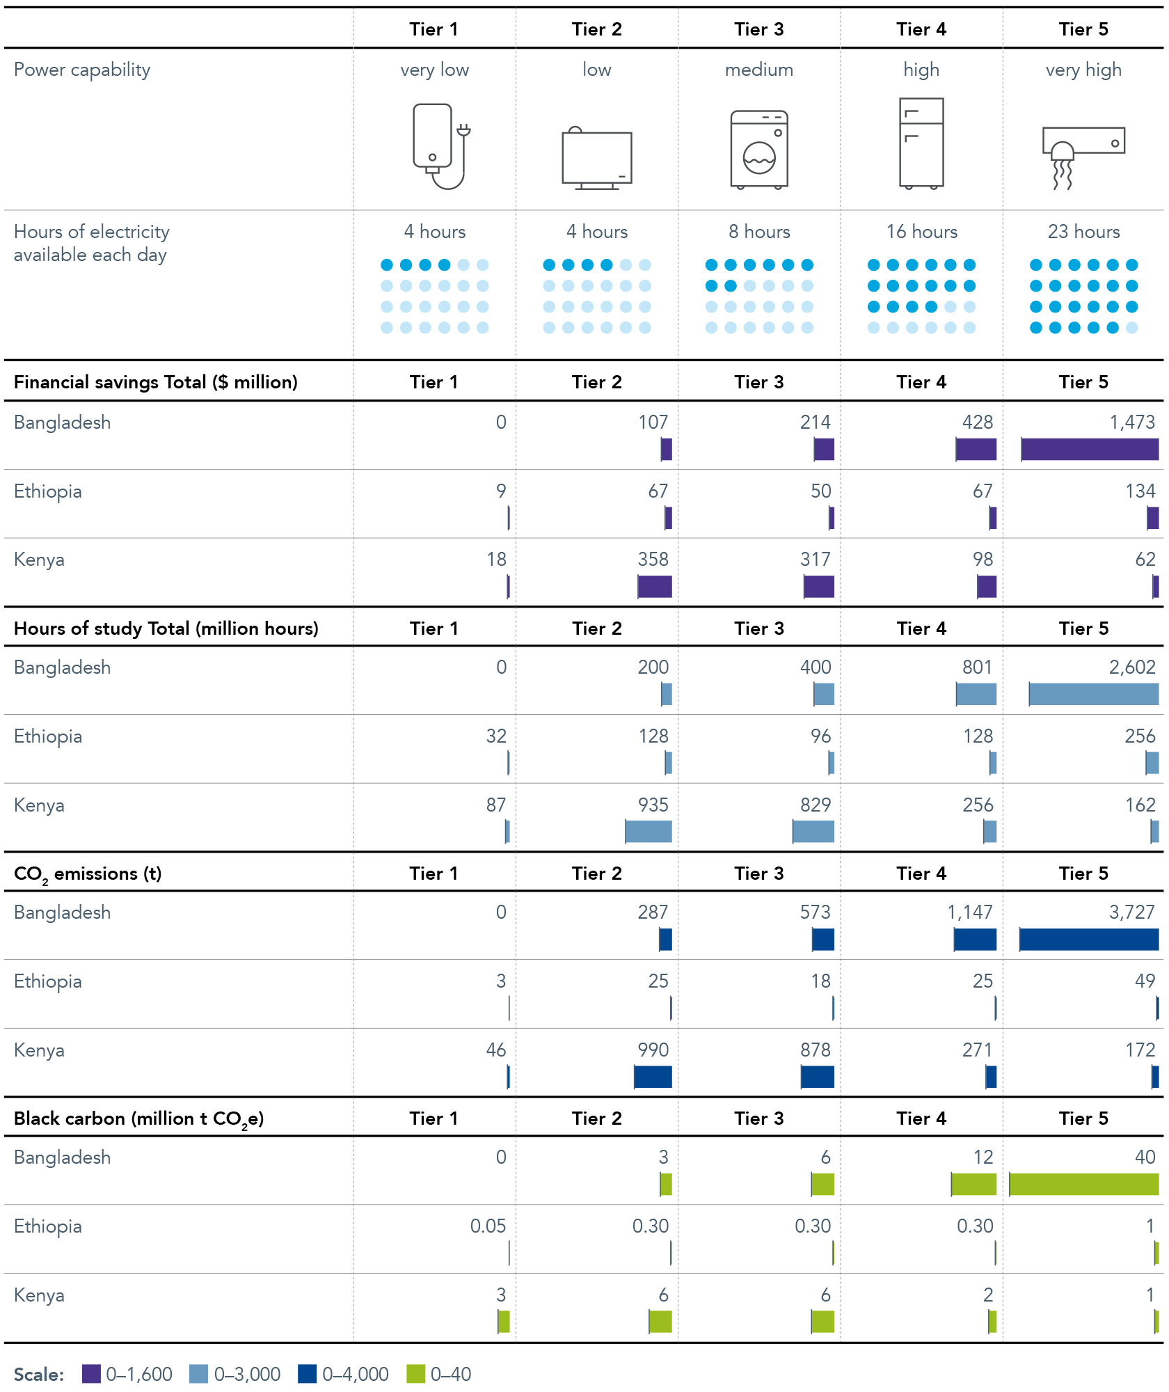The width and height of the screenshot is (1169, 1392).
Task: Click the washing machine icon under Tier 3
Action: (759, 150)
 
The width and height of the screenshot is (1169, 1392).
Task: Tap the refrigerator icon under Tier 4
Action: (921, 143)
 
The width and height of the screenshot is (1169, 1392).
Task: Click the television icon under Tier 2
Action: (597, 158)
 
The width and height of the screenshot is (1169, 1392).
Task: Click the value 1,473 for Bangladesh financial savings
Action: (1132, 422)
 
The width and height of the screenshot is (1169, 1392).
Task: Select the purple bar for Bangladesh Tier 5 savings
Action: (1090, 449)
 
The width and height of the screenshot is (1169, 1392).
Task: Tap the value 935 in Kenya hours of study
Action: (653, 805)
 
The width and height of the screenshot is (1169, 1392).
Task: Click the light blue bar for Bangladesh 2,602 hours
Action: (1094, 694)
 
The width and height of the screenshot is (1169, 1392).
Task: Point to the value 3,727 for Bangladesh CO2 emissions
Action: (1132, 912)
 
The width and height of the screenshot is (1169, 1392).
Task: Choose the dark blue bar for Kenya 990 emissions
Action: (653, 1077)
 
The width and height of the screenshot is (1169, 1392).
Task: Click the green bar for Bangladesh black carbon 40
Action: (1084, 1184)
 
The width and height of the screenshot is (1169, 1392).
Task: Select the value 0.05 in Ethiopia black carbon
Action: (488, 1226)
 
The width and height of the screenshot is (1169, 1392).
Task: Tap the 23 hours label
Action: (1084, 232)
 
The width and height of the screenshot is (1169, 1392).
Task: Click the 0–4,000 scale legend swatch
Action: (307, 1374)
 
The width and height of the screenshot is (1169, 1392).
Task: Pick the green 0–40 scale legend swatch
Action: (415, 1374)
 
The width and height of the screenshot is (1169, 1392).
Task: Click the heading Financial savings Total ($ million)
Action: (156, 382)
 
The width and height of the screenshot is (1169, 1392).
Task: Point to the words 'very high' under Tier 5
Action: (1084, 70)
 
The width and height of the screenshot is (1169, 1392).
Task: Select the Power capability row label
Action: (82, 70)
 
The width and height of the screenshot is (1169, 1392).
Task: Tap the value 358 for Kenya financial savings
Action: (653, 559)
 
